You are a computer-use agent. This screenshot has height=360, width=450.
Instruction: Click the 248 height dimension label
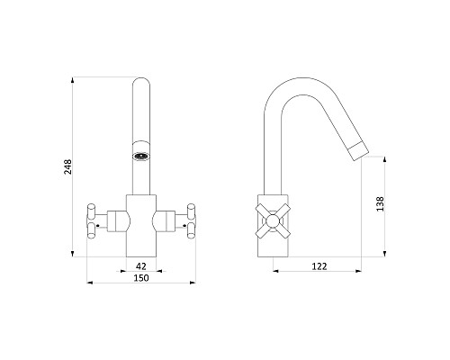pyautogui.click(x=68, y=166)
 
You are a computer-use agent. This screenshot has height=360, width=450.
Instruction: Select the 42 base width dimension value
pyautogui.click(x=141, y=266)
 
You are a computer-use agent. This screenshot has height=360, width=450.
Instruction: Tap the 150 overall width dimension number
pyautogui.click(x=141, y=278)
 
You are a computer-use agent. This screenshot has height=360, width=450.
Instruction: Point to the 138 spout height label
pyautogui.click(x=380, y=204)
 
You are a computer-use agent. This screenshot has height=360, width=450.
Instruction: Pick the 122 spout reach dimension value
pyautogui.click(x=319, y=266)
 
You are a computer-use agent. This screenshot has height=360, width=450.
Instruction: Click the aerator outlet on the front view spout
pyautogui.click(x=141, y=157)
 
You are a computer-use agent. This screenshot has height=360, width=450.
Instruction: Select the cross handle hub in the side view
pyautogui.click(x=273, y=221)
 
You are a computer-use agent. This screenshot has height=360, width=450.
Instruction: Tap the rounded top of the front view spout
pyautogui.click(x=141, y=81)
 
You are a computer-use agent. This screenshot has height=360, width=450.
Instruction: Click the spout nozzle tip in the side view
pyautogui.click(x=359, y=152)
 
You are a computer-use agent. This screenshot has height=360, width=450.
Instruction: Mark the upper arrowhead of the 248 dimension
pyautogui.click(x=72, y=80)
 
